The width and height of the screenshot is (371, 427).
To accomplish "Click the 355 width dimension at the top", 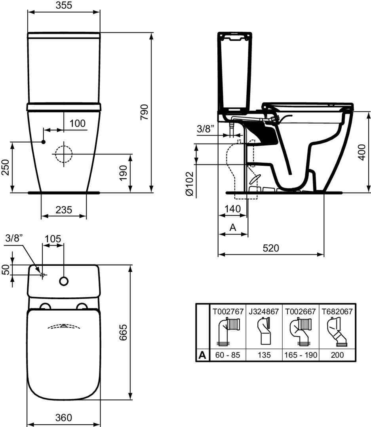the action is (64, 5).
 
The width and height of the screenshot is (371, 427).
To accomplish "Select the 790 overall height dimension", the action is (144, 112).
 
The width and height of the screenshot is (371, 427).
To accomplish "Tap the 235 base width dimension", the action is (64, 210).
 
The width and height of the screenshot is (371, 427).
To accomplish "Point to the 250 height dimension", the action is (6, 167).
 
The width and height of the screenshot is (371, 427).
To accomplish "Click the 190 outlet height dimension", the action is (123, 173).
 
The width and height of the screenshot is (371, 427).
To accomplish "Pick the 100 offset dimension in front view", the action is (78, 123).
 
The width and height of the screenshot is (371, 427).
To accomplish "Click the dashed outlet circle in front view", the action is (64, 154).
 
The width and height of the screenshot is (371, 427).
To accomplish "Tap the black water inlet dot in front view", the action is (44, 142).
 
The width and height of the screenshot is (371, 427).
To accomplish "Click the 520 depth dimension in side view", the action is (271, 248).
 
